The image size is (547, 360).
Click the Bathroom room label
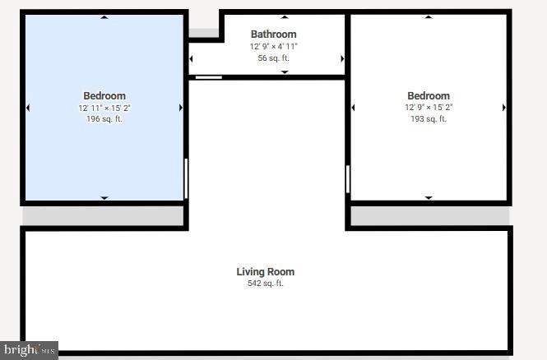(273, 35)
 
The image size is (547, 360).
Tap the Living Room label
(265, 272)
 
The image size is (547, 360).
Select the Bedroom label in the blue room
(104, 96)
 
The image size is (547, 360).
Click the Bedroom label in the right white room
(428, 96)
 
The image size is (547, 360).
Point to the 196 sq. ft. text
(104, 119)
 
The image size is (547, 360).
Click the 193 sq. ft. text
(428, 119)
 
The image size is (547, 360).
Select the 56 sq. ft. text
(273, 58)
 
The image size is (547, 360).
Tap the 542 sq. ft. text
(265, 284)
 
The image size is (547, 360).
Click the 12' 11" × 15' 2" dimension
(104, 108)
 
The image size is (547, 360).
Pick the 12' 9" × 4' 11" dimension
(273, 47)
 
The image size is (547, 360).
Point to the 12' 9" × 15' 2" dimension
(428, 108)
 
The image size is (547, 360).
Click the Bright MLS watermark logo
(29, 350)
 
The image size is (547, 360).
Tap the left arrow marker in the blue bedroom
(28, 108)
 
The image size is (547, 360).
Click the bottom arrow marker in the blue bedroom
(104, 197)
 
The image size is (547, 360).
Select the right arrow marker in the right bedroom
(504, 108)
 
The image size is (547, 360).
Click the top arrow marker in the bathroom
(285, 17)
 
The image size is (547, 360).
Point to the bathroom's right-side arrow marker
(342, 58)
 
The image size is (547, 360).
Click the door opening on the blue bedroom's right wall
(186, 178)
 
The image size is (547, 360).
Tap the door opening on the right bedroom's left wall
(348, 178)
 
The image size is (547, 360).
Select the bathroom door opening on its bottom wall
(208, 77)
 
